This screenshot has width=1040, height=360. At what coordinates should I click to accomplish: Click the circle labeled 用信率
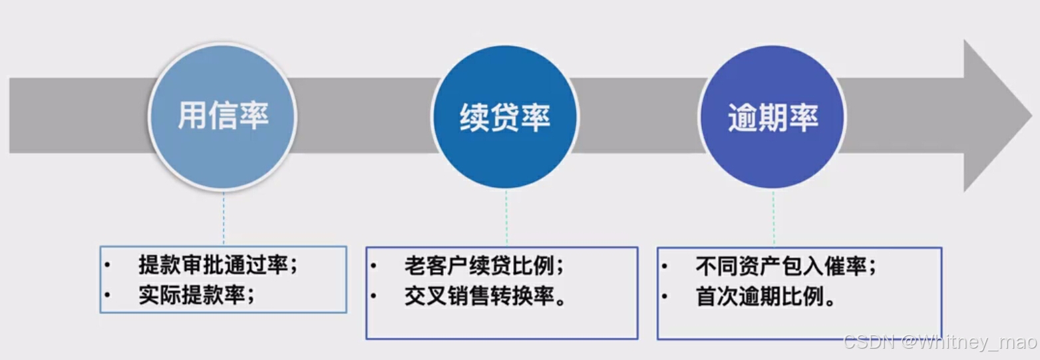(222, 117)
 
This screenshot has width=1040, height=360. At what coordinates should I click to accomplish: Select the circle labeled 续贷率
(505, 117)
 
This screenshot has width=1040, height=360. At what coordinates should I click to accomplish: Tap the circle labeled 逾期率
(773, 117)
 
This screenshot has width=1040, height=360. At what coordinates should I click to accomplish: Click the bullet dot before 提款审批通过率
(108, 265)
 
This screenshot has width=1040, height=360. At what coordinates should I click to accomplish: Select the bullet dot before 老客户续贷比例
(374, 266)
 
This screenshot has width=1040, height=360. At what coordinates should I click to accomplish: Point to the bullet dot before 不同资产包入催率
(664, 266)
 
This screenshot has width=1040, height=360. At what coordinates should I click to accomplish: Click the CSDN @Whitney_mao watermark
(940, 342)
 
